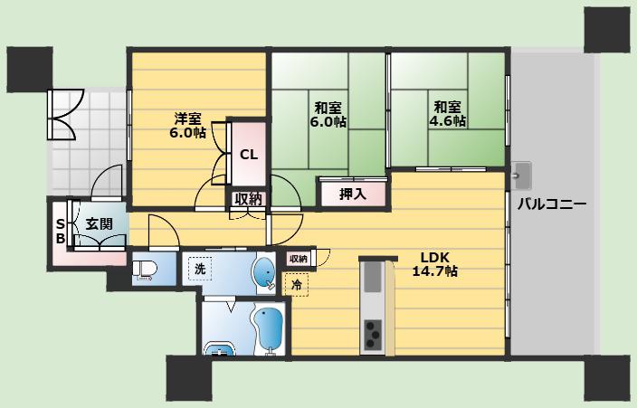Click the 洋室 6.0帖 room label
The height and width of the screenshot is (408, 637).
(187, 126)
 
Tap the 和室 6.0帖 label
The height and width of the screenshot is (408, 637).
(328, 115)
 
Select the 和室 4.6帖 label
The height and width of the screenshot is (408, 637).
(447, 114)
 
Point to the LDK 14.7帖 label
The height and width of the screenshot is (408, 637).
(434, 264)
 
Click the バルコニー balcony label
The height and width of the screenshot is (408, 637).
(552, 204)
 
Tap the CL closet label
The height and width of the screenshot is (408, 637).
(249, 155)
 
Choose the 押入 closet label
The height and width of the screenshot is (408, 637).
(353, 195)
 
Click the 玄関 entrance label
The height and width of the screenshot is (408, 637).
(100, 224)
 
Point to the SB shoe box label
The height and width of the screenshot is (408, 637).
(60, 231)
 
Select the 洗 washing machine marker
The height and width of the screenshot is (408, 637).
(199, 269)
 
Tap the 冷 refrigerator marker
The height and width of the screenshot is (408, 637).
(297, 285)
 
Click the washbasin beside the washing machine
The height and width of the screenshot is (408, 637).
(264, 273)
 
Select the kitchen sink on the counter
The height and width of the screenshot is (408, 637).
(372, 277)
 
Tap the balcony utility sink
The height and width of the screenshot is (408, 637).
(521, 176)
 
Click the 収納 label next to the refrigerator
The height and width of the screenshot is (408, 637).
(299, 259)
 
